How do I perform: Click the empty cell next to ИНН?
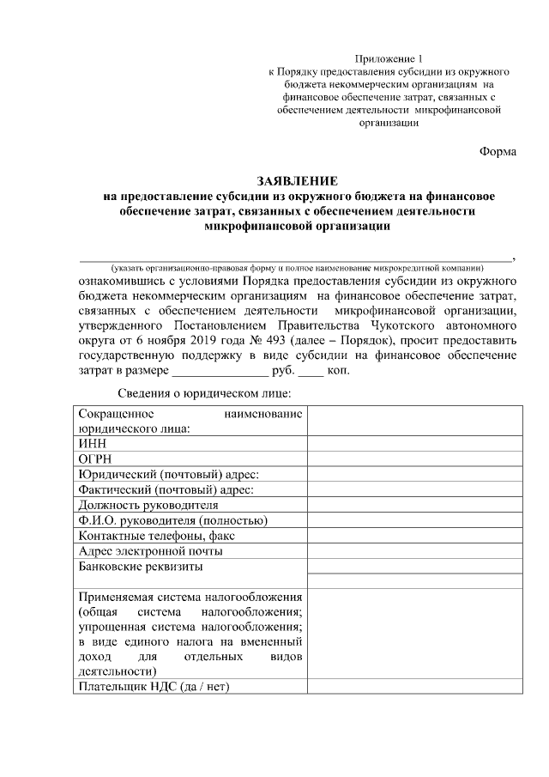[x=414, y=444]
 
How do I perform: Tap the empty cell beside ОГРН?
[x=414, y=459]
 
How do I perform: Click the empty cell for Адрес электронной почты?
[x=414, y=551]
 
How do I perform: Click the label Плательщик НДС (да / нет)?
[x=154, y=687]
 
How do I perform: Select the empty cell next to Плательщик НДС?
[x=414, y=687]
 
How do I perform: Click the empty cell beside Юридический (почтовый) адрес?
[x=414, y=475]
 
